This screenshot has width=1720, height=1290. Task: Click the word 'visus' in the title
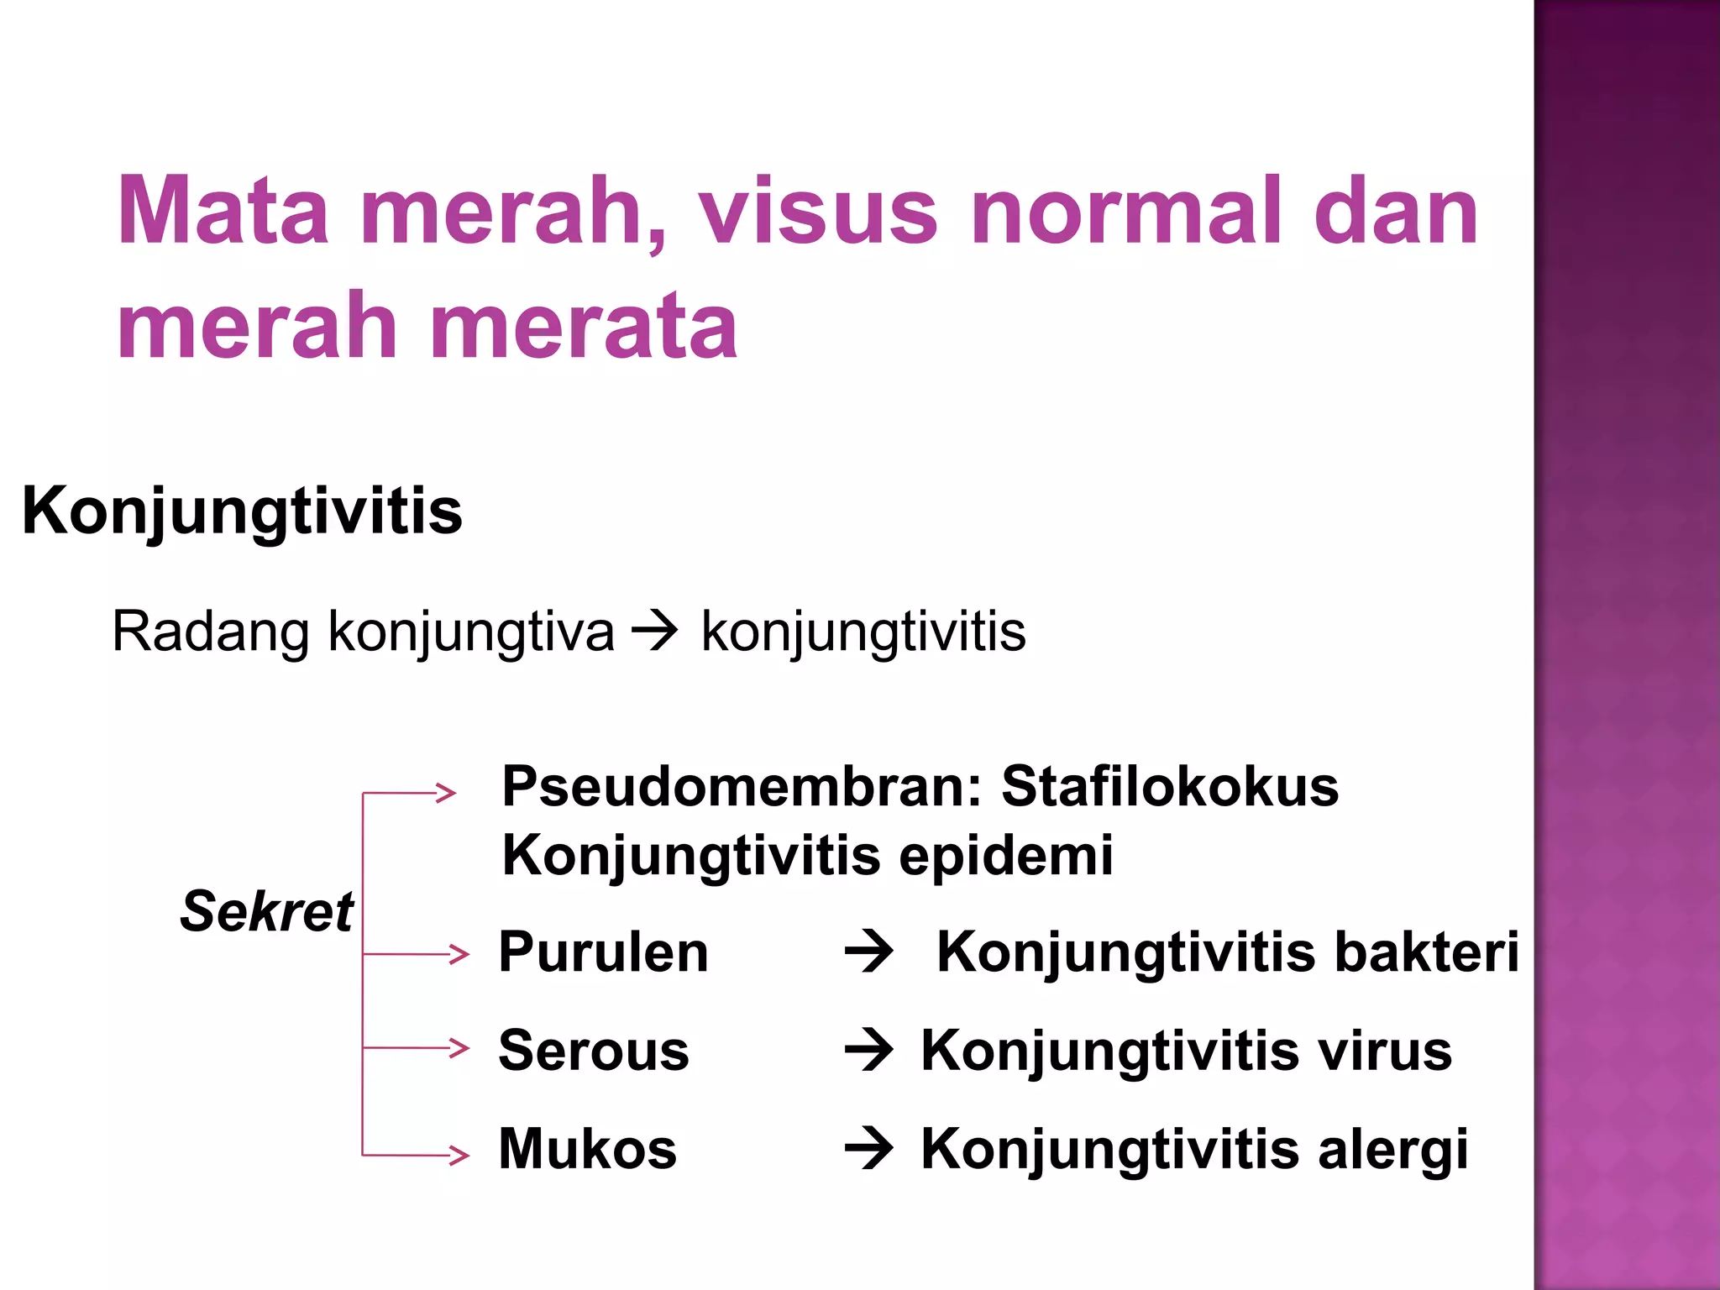click(x=818, y=211)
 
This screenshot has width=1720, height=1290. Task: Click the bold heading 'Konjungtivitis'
click(x=242, y=511)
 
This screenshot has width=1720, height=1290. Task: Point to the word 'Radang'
click(x=211, y=632)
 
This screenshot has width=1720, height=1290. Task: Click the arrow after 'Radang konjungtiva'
click(x=654, y=632)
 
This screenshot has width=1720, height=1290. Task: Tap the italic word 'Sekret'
click(x=266, y=911)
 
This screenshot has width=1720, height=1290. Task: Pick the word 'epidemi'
click(x=1006, y=856)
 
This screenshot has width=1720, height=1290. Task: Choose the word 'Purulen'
click(x=603, y=952)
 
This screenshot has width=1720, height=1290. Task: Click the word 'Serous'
click(x=593, y=1051)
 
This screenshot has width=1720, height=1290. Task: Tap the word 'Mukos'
click(x=587, y=1149)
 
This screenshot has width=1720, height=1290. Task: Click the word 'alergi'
click(x=1393, y=1149)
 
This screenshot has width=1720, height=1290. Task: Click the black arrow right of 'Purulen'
click(x=869, y=952)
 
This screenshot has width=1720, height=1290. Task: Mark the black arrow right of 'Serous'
click(x=869, y=1051)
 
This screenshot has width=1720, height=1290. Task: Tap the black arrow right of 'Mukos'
click(x=869, y=1149)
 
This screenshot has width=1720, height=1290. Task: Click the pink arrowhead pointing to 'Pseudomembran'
click(x=446, y=793)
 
